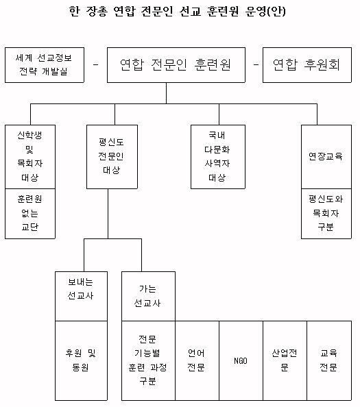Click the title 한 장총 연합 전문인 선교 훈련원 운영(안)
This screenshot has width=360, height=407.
[x=178, y=11]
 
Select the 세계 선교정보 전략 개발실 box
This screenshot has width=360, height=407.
[x=45, y=65]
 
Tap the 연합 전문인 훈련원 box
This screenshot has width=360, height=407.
[x=176, y=65]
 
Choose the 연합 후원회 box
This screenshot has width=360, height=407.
[x=307, y=65]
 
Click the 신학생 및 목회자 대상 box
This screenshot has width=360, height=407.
[x=30, y=157]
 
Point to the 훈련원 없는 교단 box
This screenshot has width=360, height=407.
[x=30, y=214]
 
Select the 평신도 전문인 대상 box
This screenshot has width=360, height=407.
[x=112, y=157]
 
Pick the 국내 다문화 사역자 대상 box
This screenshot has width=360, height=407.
[x=218, y=157]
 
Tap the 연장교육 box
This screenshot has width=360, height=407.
[x=326, y=157]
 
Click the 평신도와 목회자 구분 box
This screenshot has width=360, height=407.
[x=326, y=214]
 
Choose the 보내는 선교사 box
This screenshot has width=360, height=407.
[x=82, y=296]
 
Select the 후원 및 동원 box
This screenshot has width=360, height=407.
[x=82, y=360]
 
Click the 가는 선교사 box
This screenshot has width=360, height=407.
[x=148, y=296]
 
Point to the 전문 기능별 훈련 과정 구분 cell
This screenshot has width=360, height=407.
[x=148, y=360]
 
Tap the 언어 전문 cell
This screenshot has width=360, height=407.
[x=197, y=360]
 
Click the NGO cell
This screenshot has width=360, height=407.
[x=241, y=360]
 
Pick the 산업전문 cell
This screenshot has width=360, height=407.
[x=285, y=360]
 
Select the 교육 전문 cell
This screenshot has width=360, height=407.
[x=329, y=360]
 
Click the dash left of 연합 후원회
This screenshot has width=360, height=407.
[x=256, y=64]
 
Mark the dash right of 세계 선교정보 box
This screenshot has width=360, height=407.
[x=95, y=64]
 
